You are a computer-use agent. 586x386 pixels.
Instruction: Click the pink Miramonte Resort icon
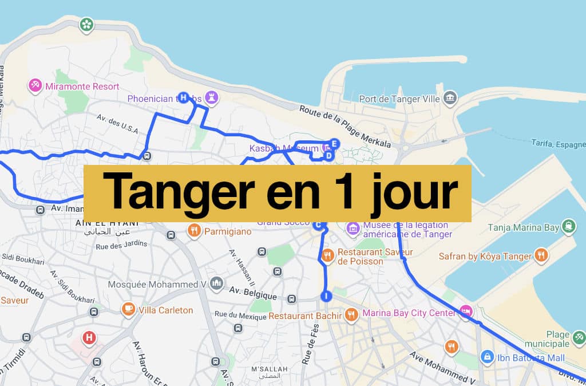tap(35, 86)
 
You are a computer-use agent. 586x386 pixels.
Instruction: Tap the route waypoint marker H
tap(183, 97)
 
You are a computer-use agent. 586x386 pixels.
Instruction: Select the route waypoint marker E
tap(335, 144)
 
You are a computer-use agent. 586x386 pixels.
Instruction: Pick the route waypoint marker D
tap(328, 155)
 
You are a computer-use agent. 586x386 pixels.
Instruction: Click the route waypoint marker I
tap(326, 296)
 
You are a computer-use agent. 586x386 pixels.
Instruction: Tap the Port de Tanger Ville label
tap(399, 99)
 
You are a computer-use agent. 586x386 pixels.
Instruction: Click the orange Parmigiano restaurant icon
tap(195, 231)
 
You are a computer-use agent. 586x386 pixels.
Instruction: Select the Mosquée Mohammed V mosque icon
tap(216, 283)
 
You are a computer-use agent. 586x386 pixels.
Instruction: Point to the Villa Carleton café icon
tap(128, 310)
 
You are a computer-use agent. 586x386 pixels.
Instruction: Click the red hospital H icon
tap(89, 337)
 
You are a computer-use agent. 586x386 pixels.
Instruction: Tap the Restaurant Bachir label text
tap(305, 316)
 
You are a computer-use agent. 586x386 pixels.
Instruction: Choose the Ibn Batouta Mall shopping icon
tap(487, 357)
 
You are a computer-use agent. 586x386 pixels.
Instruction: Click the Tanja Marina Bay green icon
tap(568, 227)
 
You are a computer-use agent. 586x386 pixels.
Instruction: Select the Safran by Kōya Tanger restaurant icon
tap(541, 255)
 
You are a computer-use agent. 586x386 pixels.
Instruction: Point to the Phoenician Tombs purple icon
tap(213, 98)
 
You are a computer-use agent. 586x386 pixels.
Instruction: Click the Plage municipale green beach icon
tap(579, 339)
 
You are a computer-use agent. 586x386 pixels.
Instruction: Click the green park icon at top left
tap(86, 25)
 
